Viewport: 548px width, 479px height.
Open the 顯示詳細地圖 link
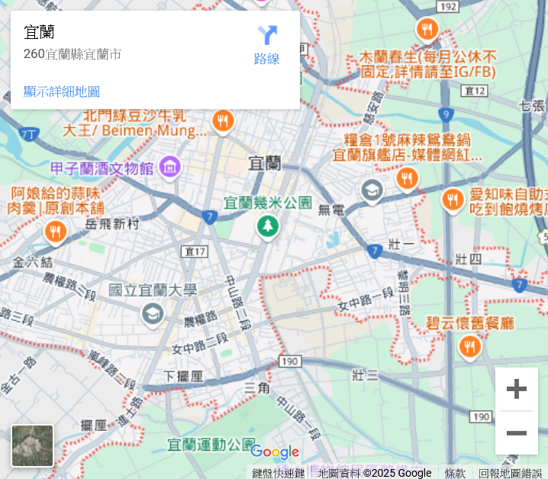tap(62, 92)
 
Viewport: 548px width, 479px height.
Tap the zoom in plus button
tap(517, 389)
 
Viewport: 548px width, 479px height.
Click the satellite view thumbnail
tap(33, 445)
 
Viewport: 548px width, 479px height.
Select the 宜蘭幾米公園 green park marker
tap(267, 226)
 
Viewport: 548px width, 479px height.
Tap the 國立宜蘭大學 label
tap(153, 290)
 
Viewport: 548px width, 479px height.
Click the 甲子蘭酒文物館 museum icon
tap(169, 166)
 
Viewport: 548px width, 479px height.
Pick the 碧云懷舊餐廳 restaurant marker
tap(469, 348)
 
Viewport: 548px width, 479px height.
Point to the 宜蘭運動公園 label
tap(211, 444)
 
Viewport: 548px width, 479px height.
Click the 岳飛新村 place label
tap(113, 224)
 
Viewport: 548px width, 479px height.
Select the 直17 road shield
tap(195, 251)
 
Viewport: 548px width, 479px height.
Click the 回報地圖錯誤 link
tap(510, 474)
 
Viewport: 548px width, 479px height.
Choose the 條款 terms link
tap(455, 474)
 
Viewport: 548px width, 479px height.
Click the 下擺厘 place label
tap(184, 376)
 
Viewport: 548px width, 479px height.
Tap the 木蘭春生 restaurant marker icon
tap(427, 30)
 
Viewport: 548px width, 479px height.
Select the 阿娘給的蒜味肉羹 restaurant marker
tap(55, 231)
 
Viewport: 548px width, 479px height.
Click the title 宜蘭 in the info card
tap(39, 32)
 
